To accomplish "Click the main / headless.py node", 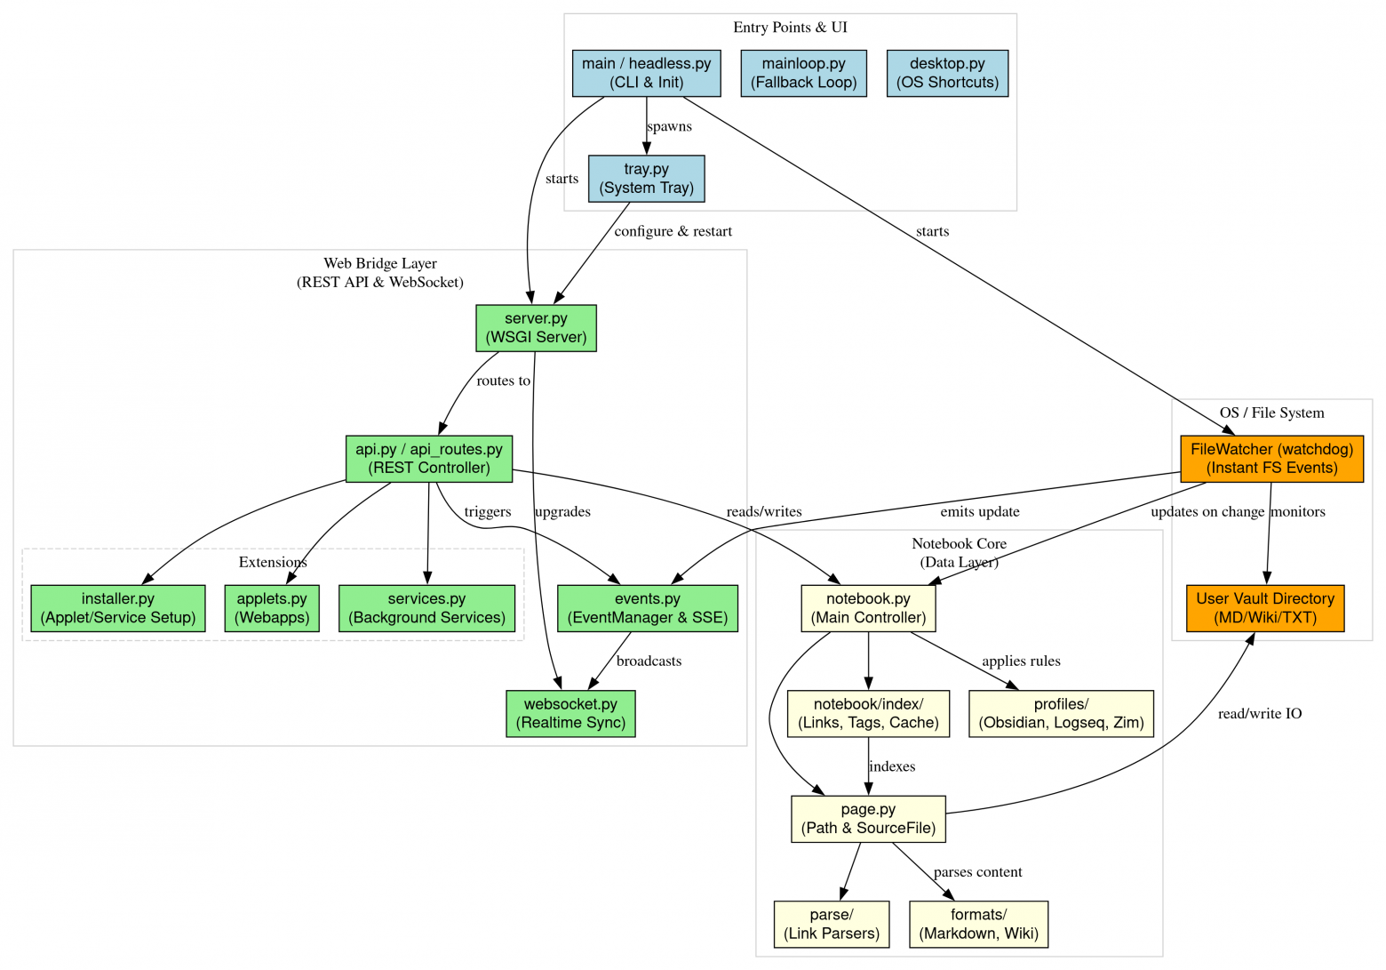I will (x=646, y=73).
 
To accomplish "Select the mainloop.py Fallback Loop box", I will (x=803, y=73).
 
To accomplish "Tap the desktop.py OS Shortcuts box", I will (x=947, y=73).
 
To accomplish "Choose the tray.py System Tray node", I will (x=646, y=179).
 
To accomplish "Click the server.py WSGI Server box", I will (x=536, y=328).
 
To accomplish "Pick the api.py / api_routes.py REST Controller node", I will (x=428, y=459).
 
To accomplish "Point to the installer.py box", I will (x=117, y=608).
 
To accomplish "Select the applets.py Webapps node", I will (x=271, y=608).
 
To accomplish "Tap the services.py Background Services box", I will (x=426, y=608).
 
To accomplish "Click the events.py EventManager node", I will (x=647, y=608).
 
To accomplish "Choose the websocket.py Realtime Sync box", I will (x=570, y=713).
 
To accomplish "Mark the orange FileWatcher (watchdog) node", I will (x=1271, y=459).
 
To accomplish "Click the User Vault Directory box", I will (x=1265, y=608).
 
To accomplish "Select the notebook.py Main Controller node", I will (x=868, y=608).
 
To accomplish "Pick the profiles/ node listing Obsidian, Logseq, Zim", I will (x=1061, y=713).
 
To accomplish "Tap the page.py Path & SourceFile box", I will (x=868, y=819).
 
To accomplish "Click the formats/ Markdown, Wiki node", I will (x=978, y=924).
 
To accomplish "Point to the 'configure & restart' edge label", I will (x=673, y=231).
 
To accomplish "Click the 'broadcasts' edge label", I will (x=649, y=661).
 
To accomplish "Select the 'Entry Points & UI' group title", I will (x=790, y=28).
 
